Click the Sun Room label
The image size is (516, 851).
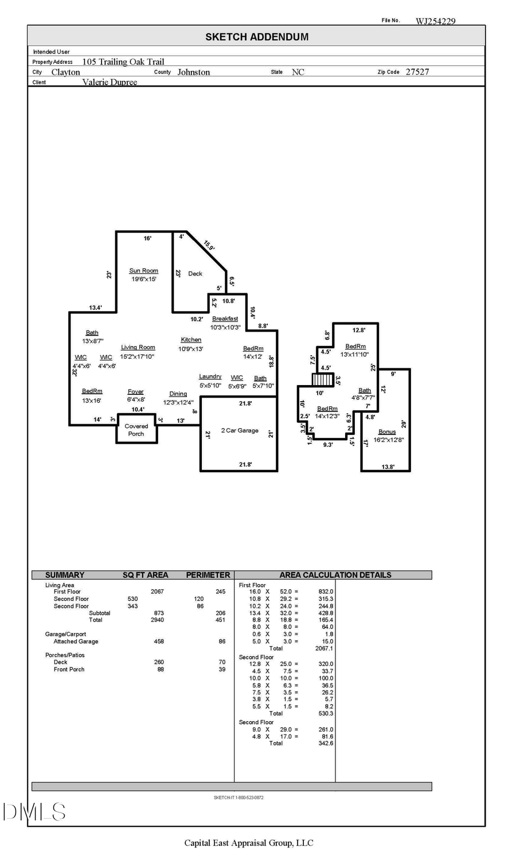143,271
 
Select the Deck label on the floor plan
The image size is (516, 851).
195,274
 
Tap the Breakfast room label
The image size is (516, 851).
225,319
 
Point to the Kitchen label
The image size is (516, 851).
191,340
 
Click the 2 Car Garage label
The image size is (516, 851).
240,430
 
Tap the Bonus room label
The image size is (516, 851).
387,432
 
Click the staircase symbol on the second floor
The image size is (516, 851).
323,380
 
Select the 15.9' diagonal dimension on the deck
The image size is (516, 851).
209,246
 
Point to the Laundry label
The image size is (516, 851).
210,377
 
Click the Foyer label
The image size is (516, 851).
135,392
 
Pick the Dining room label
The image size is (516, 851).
178,394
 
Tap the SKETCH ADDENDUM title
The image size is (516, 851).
257,37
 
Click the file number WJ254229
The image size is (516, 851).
435,21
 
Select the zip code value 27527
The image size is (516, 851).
417,72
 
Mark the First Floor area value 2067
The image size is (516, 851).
157,592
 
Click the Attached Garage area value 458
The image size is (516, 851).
159,642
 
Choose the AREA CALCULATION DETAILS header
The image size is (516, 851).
335,575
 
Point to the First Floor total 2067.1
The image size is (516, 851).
324,648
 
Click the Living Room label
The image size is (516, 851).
138,347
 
